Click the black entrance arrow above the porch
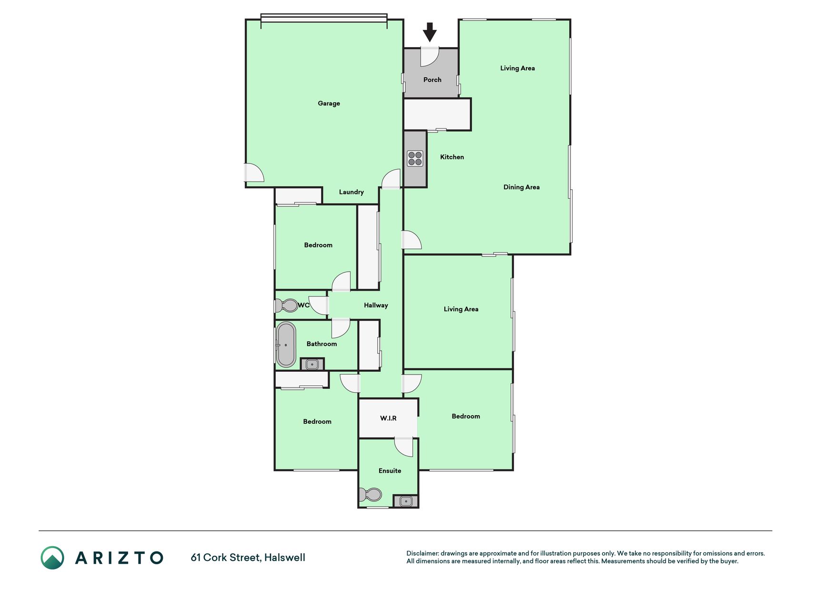pyautogui.click(x=430, y=32)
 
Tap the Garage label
pyautogui.click(x=329, y=103)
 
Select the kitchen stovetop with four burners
pyautogui.click(x=415, y=158)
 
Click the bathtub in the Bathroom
pyautogui.click(x=286, y=345)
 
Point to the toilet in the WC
pyautogui.click(x=286, y=305)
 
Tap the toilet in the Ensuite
pyautogui.click(x=371, y=495)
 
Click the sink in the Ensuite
pyautogui.click(x=406, y=501)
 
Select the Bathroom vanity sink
pyautogui.click(x=312, y=365)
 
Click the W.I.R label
pyautogui.click(x=388, y=418)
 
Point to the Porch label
pyautogui.click(x=432, y=80)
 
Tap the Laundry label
pyautogui.click(x=351, y=192)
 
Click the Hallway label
pyautogui.click(x=376, y=305)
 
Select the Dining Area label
pyautogui.click(x=522, y=187)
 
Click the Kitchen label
pyautogui.click(x=452, y=157)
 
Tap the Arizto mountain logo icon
pyautogui.click(x=52, y=558)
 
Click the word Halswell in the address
pyautogui.click(x=285, y=558)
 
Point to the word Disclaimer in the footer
pyautogui.click(x=422, y=553)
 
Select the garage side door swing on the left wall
pyautogui.click(x=254, y=173)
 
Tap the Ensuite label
pyautogui.click(x=390, y=471)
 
